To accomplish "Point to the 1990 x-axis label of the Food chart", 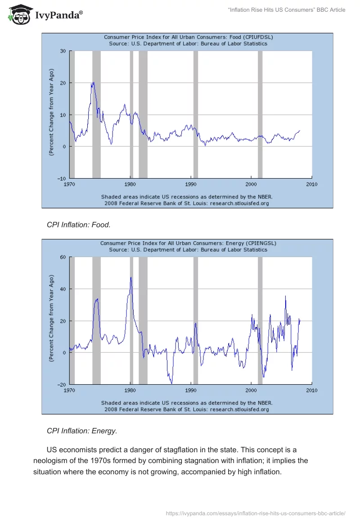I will click(x=191, y=184).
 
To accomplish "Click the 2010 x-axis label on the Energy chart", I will click(x=311, y=390).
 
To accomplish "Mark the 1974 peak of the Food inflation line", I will click(x=93, y=82).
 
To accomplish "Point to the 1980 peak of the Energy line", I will click(x=131, y=277).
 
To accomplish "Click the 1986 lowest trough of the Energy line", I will click(x=171, y=383).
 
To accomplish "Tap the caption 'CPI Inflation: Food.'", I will click(x=79, y=225).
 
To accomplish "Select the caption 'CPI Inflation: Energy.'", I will click(x=82, y=431).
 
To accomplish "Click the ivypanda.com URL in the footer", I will click(x=256, y=513).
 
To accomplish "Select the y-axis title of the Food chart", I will click(x=52, y=112).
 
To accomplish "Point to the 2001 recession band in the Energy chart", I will click(x=260, y=320).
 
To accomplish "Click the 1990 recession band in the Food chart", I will click(x=196, y=114).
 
